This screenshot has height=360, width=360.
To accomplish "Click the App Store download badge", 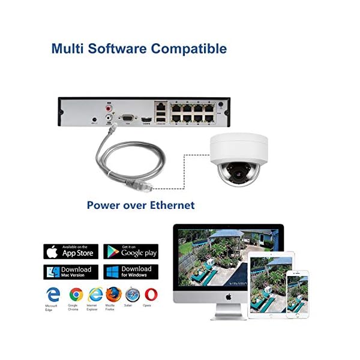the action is (71, 251).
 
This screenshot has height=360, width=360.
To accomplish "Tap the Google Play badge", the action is (131, 251).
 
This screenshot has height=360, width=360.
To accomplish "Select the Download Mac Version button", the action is (71, 272).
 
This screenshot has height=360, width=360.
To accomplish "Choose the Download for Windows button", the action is (131, 272).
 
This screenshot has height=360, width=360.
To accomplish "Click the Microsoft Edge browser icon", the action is (53, 295).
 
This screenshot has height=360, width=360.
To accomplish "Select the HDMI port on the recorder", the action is (146, 120).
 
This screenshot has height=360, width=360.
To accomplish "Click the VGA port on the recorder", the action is (127, 119).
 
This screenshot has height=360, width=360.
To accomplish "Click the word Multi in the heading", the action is (68, 48).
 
